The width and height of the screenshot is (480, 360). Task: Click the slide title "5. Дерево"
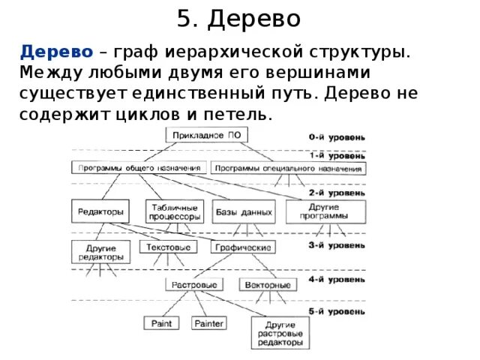click(240, 19)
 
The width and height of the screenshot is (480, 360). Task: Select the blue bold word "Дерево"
click(56, 52)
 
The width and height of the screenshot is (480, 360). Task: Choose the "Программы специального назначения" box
click(289, 169)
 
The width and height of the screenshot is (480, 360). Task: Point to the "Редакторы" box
click(98, 211)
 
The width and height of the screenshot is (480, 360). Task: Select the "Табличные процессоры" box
click(175, 211)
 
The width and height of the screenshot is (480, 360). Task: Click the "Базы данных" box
click(244, 211)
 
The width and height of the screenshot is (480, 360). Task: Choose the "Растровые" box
click(194, 285)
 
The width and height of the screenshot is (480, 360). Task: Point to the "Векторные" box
click(265, 285)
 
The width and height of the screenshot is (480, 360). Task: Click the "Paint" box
click(161, 323)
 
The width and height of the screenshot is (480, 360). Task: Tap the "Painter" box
click(208, 323)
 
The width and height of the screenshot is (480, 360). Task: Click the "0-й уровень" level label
click(338, 138)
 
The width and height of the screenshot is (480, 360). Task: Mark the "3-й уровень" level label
click(338, 244)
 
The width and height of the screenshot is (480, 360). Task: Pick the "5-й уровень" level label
click(338, 310)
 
